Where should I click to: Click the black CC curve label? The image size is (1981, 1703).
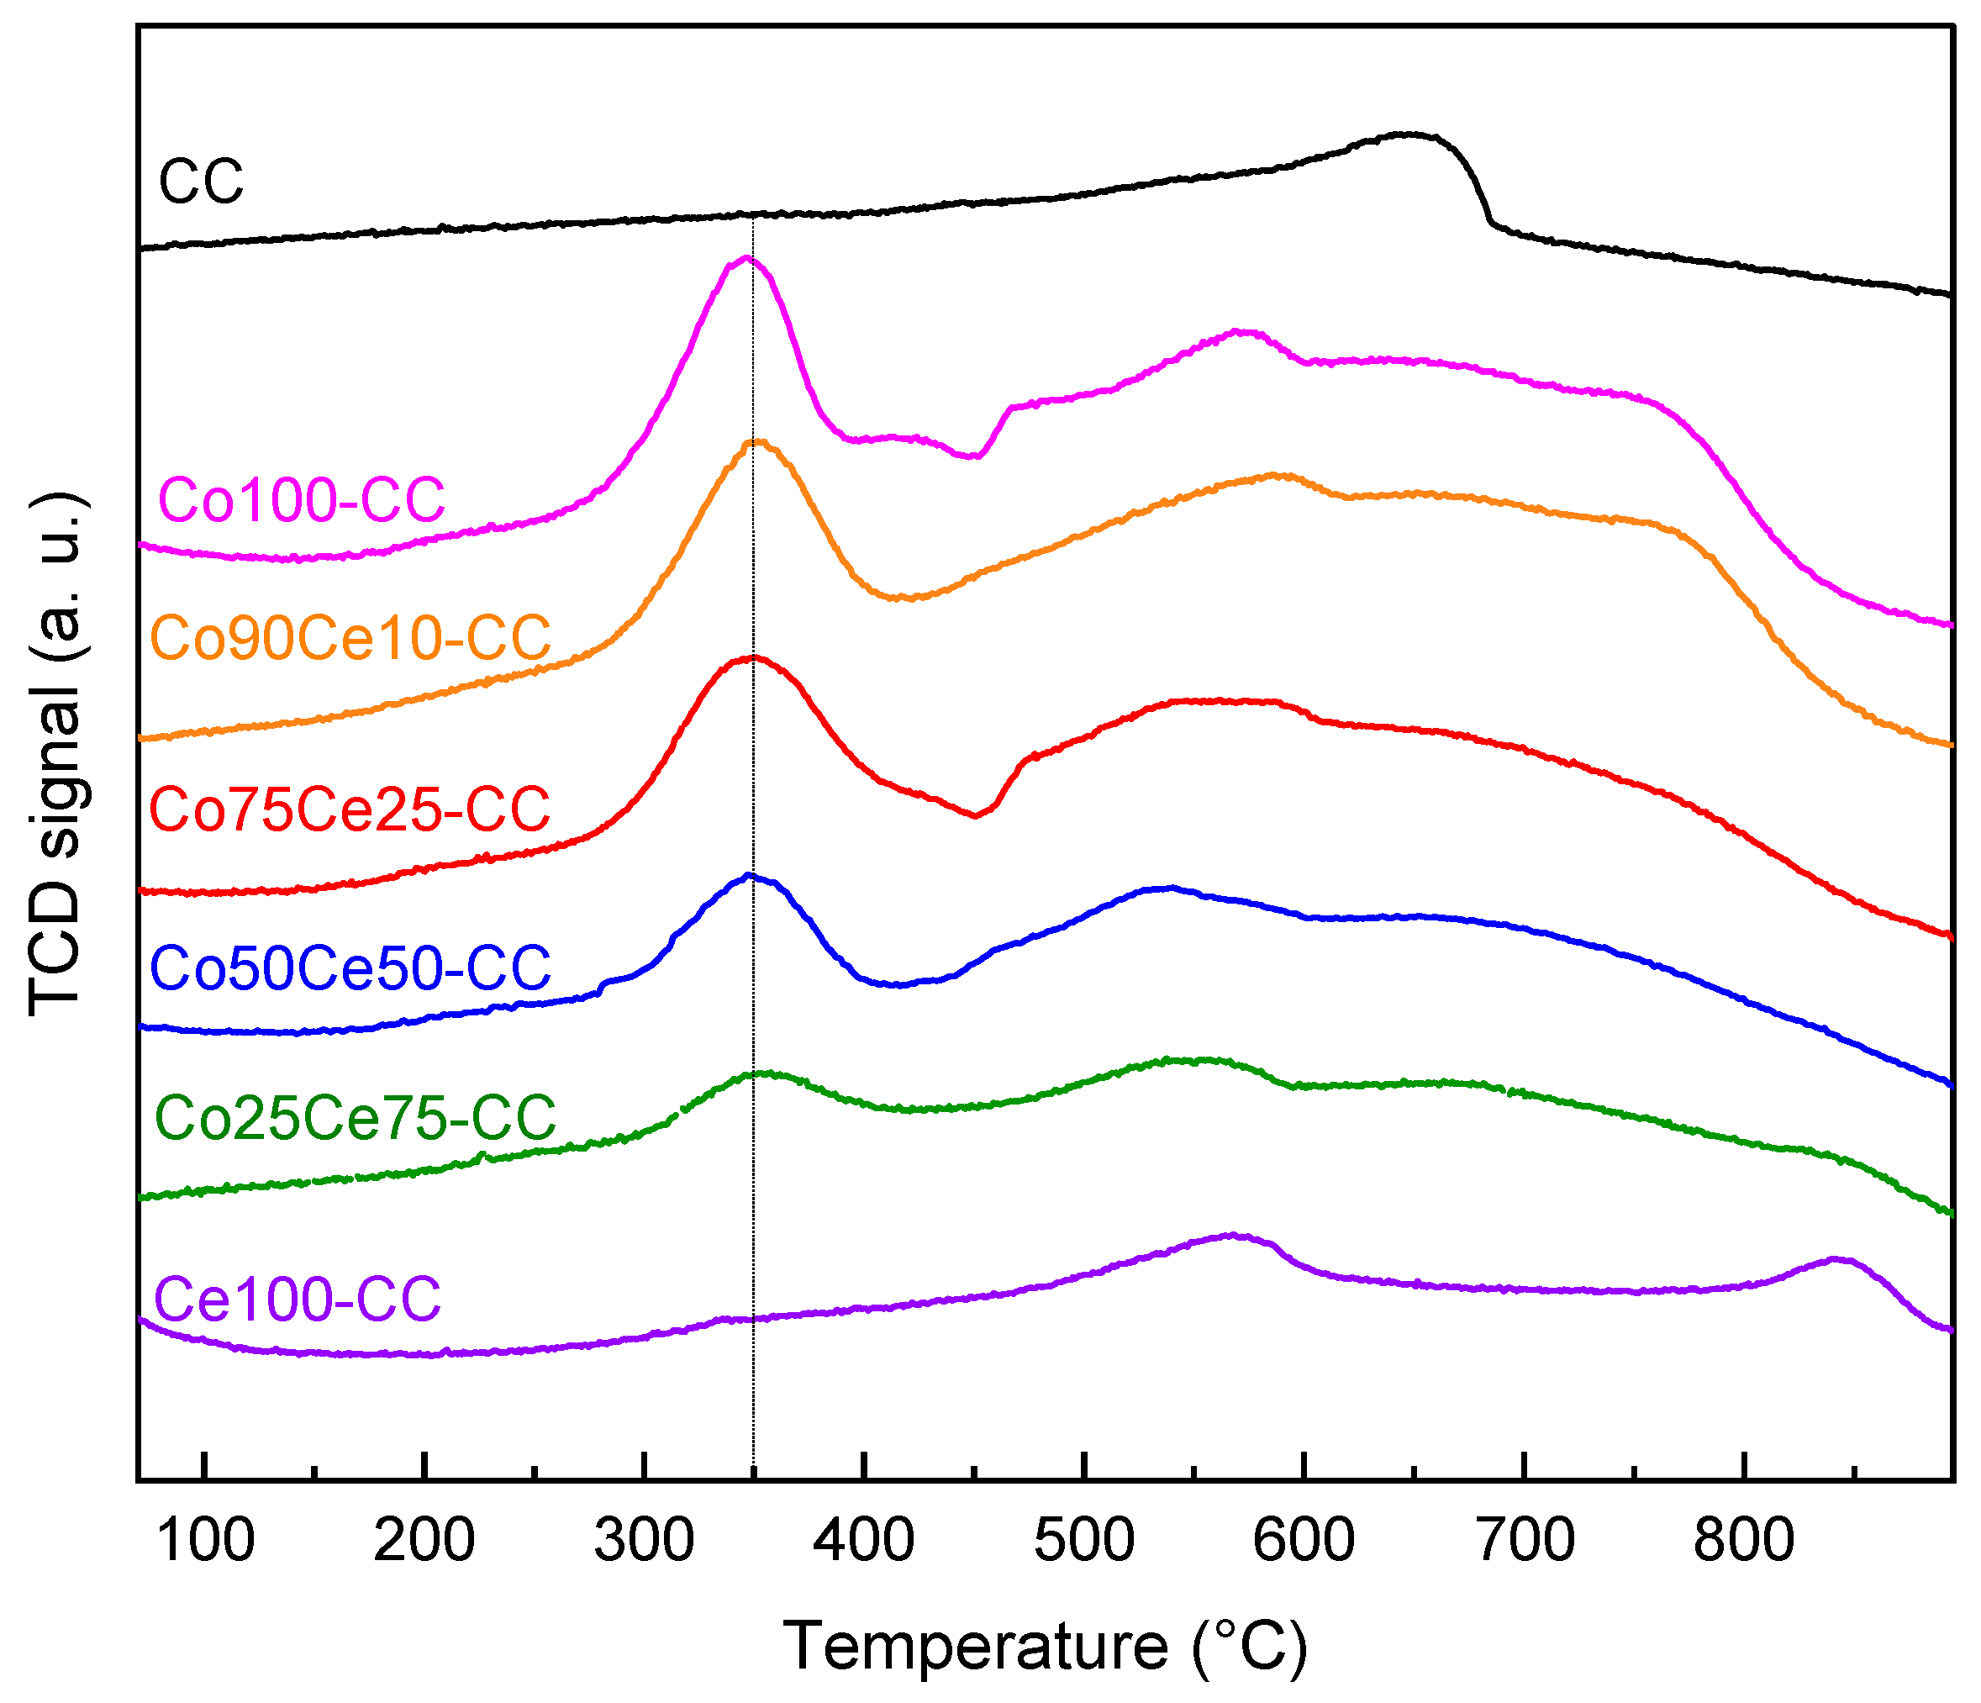click(201, 181)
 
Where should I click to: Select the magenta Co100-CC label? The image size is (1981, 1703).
click(302, 499)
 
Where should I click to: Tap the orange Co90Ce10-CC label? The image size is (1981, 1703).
click(350, 638)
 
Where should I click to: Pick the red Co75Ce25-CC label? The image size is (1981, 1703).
click(350, 809)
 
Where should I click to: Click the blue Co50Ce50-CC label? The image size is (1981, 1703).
click(350, 967)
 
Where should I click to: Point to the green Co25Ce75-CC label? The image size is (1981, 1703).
click(355, 1117)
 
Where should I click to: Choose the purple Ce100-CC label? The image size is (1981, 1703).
click(298, 1299)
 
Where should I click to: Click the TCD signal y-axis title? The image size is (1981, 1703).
click(57, 756)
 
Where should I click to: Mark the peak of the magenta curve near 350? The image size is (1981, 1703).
click(746, 258)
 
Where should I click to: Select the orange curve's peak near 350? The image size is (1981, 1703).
click(757, 442)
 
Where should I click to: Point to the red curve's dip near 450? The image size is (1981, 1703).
click(975, 815)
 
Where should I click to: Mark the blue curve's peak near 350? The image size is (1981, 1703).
click(750, 875)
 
